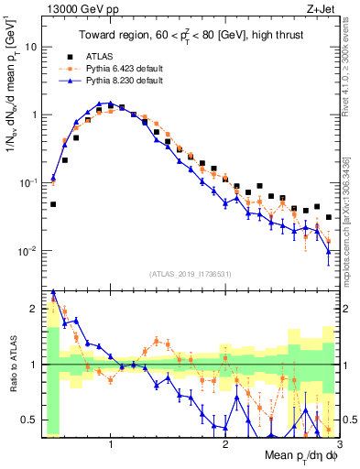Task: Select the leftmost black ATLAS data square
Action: (x=53, y=204)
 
